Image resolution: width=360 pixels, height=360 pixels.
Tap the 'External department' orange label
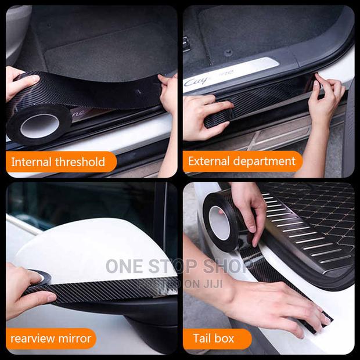pyautogui.click(x=242, y=162)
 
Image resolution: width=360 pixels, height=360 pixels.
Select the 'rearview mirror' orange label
pyautogui.click(x=51, y=339)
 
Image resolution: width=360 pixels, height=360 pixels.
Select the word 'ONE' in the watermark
pyautogui.click(x=124, y=267)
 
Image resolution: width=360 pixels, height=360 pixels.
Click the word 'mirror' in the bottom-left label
pyautogui.click(x=73, y=339)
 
